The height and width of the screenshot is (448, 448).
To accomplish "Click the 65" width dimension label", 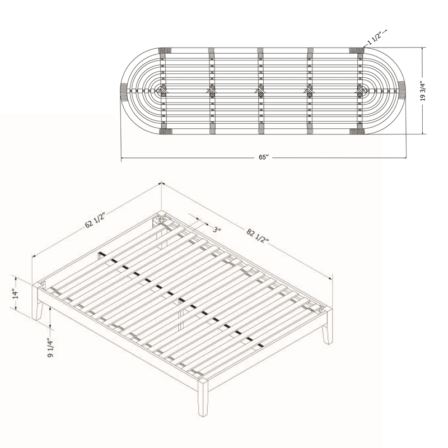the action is coord(264,157).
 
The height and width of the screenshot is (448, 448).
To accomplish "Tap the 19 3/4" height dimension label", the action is coord(423,91).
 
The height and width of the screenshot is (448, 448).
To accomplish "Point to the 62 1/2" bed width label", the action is coord(95,220).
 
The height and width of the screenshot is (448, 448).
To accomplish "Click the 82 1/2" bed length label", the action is coord(258,235).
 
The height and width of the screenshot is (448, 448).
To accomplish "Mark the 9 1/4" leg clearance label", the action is coord(50,348).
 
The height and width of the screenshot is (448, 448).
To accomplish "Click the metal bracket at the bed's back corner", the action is coord(157,221).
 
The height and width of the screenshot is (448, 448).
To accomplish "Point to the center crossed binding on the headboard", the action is coord(260,91).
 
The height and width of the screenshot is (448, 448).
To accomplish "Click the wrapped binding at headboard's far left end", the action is coord(124,91).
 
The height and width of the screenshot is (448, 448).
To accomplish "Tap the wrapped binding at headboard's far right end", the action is coord(402,91).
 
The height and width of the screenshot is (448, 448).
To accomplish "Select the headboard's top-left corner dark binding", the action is coord(165,50).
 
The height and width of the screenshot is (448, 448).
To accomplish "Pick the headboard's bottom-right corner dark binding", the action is coord(357,131).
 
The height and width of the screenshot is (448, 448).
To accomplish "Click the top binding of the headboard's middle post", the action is coord(260,51).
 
